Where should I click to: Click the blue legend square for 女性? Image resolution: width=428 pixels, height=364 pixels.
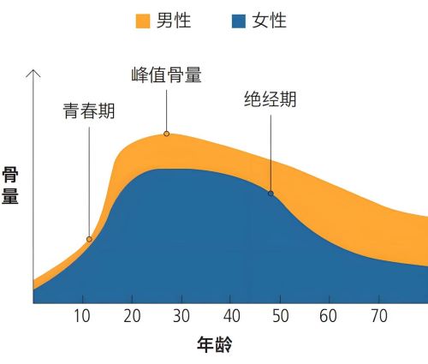pos(238,21)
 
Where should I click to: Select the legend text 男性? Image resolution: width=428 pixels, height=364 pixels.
pos(174,21)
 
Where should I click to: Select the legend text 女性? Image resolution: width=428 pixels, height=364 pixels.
pos(269,21)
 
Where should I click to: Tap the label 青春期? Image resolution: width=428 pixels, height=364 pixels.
pos(88,110)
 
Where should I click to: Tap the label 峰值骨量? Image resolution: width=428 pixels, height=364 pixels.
pos(167,75)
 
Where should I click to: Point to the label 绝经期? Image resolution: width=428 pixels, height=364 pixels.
pos(270,99)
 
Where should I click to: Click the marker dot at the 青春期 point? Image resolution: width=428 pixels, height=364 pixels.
pos(89,239)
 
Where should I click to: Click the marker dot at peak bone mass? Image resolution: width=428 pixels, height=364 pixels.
pos(166,134)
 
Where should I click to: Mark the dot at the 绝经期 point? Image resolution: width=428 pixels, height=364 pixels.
pos(270,194)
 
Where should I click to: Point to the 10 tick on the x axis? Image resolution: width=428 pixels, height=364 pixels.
pos(82,315)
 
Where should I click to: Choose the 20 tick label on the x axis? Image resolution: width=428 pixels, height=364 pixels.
pos(132,315)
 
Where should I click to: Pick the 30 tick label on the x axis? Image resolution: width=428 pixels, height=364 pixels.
pos(181,315)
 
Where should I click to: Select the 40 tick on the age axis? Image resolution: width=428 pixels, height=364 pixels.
pos(230,315)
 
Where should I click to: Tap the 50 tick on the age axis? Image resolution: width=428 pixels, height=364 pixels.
pos(279,315)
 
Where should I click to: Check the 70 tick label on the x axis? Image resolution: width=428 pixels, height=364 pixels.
pos(377,315)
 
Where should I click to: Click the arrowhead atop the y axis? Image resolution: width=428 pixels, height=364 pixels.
pos(33,72)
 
